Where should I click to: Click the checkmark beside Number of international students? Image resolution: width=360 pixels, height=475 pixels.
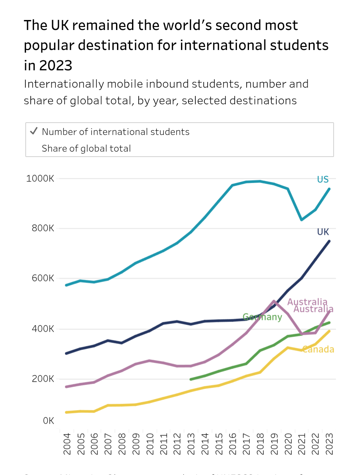[x=34, y=131]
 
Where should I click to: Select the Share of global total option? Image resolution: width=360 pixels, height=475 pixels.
[x=86, y=148]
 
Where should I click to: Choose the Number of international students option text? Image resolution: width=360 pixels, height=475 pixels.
[x=116, y=132]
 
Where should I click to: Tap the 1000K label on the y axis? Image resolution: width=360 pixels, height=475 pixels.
[x=40, y=179]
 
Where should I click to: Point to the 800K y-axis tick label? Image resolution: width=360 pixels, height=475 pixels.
[x=43, y=228]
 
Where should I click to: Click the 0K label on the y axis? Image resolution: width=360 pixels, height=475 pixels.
[x=48, y=421]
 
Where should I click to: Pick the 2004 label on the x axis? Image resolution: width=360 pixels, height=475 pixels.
[x=67, y=444]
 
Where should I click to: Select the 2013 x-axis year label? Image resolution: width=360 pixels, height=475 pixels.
[x=191, y=444]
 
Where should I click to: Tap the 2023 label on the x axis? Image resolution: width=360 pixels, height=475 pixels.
[x=329, y=444]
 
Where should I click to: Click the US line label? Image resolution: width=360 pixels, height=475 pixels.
[x=323, y=180]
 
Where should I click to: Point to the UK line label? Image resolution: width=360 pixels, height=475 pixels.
[x=323, y=232]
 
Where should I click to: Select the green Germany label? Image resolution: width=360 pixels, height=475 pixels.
[x=262, y=317]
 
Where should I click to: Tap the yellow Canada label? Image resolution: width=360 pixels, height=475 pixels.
[x=318, y=349]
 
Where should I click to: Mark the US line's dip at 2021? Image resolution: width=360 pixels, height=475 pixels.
[x=302, y=220]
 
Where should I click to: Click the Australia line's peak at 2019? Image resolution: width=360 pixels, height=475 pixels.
[x=274, y=301]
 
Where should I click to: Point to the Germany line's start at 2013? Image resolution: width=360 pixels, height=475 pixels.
[x=191, y=379]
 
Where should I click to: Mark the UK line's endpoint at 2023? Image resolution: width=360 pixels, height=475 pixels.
[x=329, y=241]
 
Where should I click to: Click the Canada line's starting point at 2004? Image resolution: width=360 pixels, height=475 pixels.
[x=66, y=412]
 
